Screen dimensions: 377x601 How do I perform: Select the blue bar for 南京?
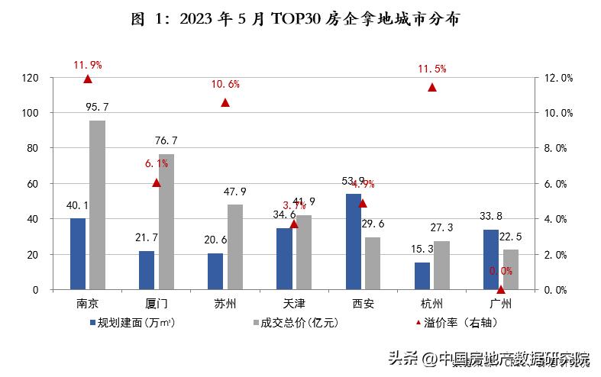click(78, 254)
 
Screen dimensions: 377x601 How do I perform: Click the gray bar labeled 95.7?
click(97, 205)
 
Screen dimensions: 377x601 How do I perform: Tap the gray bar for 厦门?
click(166, 221)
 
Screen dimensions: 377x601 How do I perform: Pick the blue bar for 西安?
click(354, 242)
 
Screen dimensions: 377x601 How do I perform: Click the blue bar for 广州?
click(491, 259)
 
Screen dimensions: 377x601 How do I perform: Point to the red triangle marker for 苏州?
click(225, 102)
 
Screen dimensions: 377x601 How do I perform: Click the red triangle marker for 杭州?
click(431, 87)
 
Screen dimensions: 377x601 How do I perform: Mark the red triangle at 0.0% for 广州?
click(501, 289)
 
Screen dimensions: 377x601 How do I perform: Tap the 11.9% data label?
click(88, 64)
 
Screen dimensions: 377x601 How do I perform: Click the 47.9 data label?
click(234, 192)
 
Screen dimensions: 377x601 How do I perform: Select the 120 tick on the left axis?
click(31, 78)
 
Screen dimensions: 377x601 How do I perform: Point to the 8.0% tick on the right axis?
click(557, 149)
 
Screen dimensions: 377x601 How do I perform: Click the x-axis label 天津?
click(294, 304)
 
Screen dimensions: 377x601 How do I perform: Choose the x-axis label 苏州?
click(225, 304)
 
